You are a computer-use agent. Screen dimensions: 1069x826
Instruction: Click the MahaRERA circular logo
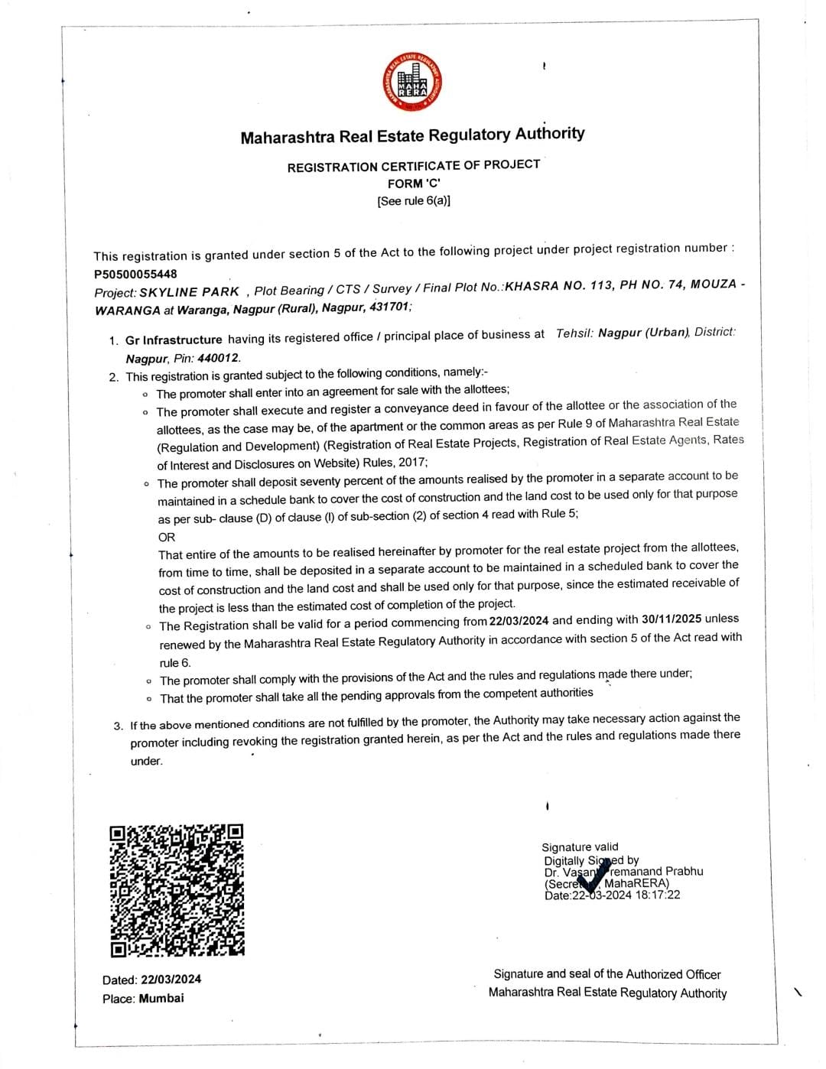tap(414, 83)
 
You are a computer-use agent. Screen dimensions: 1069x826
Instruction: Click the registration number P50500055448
tap(135, 274)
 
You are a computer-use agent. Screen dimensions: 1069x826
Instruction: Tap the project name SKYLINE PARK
tap(189, 292)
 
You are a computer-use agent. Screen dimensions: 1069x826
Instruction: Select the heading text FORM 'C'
tap(414, 184)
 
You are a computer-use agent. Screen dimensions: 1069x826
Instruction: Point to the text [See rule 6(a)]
tap(414, 201)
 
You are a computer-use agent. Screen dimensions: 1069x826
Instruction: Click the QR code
tap(177, 890)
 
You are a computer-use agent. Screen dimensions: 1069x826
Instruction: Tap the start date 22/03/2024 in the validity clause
tap(519, 621)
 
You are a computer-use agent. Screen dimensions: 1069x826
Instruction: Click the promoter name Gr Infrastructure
tap(174, 340)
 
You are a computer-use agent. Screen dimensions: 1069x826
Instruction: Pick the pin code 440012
tap(219, 357)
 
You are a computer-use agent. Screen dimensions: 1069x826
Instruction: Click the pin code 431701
tap(389, 307)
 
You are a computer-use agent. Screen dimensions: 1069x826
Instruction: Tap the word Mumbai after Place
tap(161, 998)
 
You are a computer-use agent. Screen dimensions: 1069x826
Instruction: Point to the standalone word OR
tap(167, 537)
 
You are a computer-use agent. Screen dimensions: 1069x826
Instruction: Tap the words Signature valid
tap(580, 846)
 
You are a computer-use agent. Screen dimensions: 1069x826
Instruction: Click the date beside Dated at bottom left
tap(171, 980)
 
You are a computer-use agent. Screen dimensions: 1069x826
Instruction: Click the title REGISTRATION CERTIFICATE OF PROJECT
tap(414, 166)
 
